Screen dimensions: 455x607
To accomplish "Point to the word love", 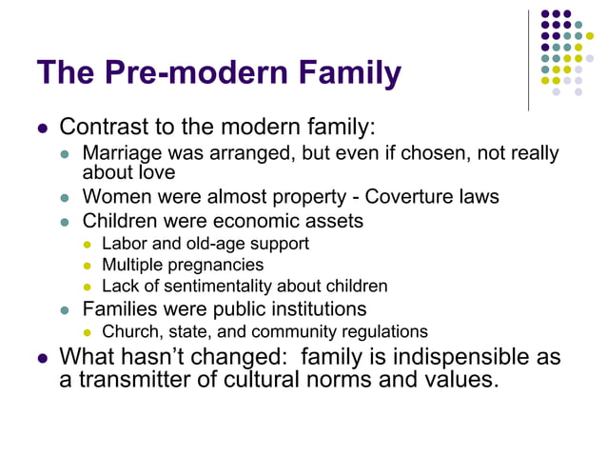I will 157,172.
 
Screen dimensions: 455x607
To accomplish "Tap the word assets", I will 333,222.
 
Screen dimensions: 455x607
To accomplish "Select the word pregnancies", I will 213,265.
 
